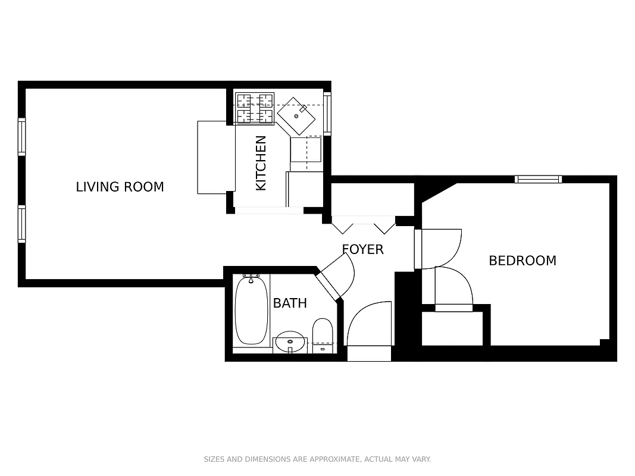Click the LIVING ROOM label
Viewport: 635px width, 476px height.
coord(120,187)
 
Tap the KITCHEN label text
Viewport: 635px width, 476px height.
coord(261,163)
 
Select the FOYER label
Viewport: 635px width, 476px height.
coord(362,249)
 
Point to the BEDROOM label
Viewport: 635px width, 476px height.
coord(522,261)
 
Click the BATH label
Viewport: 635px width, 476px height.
coord(290,303)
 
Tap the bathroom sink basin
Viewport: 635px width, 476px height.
coord(290,342)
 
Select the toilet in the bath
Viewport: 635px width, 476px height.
coord(323,334)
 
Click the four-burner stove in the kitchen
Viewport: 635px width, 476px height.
coord(255,108)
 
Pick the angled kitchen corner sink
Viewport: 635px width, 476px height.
coord(297,116)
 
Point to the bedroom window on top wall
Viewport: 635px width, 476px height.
coord(538,179)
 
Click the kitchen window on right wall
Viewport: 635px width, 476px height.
coord(327,113)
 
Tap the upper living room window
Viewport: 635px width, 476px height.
coord(22,137)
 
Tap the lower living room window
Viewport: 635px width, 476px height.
coord(22,224)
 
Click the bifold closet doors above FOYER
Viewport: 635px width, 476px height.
coord(363,226)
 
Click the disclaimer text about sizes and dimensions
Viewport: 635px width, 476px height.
coord(317,459)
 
